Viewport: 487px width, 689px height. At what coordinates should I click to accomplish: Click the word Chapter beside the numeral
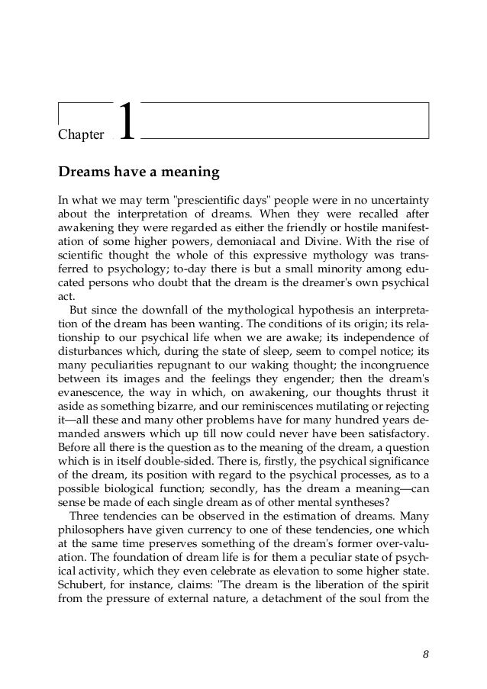pyautogui.click(x=81, y=135)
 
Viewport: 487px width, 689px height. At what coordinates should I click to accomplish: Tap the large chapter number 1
pyautogui.click(x=127, y=122)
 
